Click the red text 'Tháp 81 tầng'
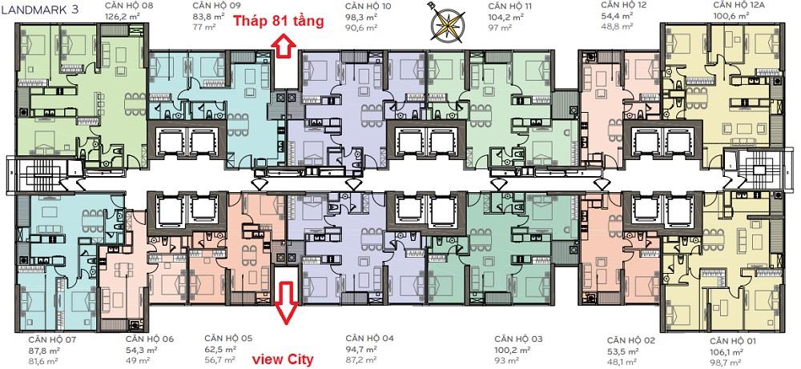click(279, 22)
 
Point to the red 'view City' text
click(283, 359)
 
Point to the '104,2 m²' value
click(505, 17)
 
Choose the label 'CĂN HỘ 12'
click(618, 6)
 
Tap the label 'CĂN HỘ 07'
click(46, 339)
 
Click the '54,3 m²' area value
click(139, 350)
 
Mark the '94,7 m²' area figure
click(361, 349)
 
